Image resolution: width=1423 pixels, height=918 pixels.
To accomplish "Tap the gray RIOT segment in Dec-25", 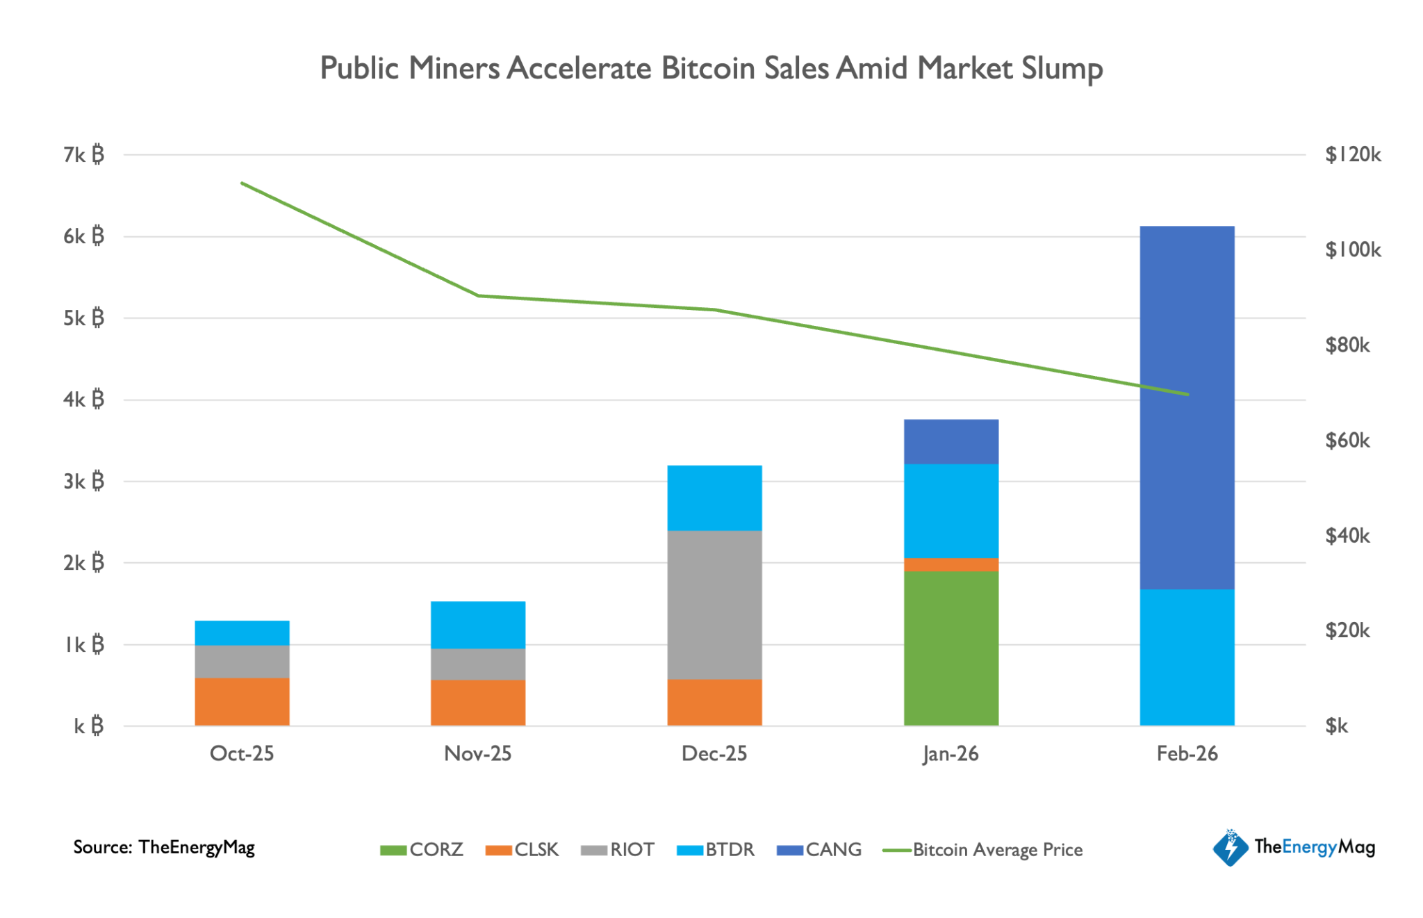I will [714, 605].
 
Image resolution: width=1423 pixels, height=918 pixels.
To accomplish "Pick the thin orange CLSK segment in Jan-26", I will [951, 564].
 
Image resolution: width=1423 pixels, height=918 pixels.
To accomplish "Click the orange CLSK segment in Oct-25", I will [242, 701].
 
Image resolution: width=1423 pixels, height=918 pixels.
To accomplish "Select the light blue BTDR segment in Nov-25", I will [478, 625].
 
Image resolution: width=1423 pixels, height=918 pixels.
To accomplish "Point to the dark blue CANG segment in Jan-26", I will [951, 441].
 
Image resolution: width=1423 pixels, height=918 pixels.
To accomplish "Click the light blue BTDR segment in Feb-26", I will [1187, 657].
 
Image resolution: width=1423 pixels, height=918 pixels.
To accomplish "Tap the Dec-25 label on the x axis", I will [714, 753].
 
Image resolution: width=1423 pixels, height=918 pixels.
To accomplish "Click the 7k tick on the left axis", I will [83, 154].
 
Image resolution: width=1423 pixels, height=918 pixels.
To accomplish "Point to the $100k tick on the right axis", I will [1352, 249].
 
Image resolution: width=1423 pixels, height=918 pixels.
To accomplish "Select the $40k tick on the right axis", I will [1347, 535].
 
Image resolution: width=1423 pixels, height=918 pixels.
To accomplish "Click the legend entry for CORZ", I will [422, 849].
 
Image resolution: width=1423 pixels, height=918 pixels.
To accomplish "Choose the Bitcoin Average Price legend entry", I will [983, 849].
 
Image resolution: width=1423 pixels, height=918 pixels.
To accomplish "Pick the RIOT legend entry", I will [618, 849].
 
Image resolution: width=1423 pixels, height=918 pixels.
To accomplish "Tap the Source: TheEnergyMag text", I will [164, 847].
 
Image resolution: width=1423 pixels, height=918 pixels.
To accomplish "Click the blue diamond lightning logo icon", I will [1231, 847].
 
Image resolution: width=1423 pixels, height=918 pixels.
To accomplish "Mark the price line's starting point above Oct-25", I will [242, 183].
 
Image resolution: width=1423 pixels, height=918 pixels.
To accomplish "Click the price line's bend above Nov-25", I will [478, 295].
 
